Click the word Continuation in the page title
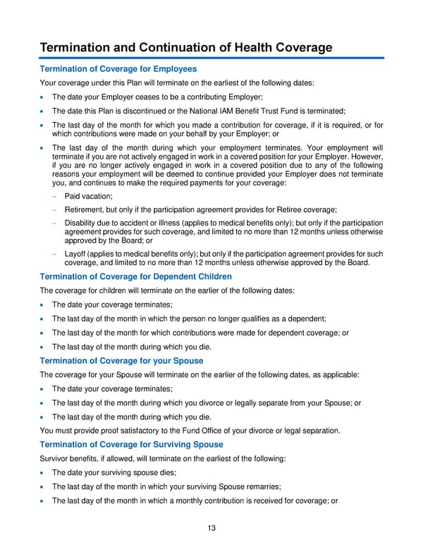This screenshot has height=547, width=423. [x=178, y=47]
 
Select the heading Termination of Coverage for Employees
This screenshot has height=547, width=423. [x=118, y=69]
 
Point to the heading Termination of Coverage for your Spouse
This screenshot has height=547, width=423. [x=123, y=361]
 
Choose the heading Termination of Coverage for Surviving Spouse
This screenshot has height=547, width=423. [x=131, y=444]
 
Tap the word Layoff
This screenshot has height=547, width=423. [x=76, y=254]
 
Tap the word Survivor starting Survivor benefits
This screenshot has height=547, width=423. [x=56, y=458]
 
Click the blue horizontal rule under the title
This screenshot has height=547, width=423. [x=211, y=58]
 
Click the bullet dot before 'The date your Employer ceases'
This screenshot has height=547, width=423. [x=44, y=97]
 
